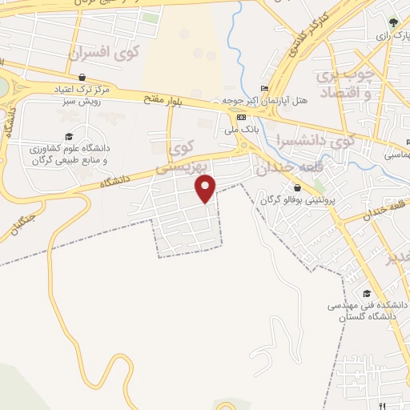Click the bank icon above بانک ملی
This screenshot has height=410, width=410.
pyautogui.click(x=241, y=117)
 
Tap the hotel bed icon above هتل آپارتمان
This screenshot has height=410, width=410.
pyautogui.click(x=265, y=88)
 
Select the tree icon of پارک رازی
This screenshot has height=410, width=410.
pyautogui.click(x=392, y=23)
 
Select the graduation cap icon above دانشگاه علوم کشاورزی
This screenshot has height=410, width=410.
pyautogui.click(x=69, y=137)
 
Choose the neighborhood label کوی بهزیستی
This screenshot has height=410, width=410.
pyautogui.click(x=179, y=158)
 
